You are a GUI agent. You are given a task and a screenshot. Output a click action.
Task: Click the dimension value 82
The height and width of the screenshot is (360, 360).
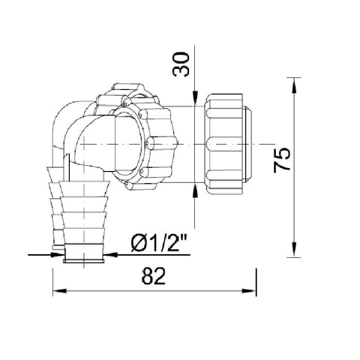[x=153, y=276]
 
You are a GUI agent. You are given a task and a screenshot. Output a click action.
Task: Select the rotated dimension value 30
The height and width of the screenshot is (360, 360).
[x=181, y=64]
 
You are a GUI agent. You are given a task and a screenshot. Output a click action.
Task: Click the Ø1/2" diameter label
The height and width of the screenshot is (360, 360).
[x=159, y=244]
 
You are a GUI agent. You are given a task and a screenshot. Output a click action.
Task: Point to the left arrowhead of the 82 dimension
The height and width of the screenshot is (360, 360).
[x=60, y=291]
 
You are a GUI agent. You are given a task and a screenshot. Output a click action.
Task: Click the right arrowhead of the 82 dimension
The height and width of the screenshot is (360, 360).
[x=249, y=291]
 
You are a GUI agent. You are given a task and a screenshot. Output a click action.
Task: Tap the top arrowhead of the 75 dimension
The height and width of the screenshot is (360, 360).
[x=294, y=85]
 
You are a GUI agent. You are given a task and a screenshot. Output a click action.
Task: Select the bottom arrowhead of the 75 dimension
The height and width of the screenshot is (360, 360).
[x=294, y=249]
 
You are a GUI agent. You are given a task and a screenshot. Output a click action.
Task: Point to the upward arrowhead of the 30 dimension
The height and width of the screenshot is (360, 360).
[x=195, y=191]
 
